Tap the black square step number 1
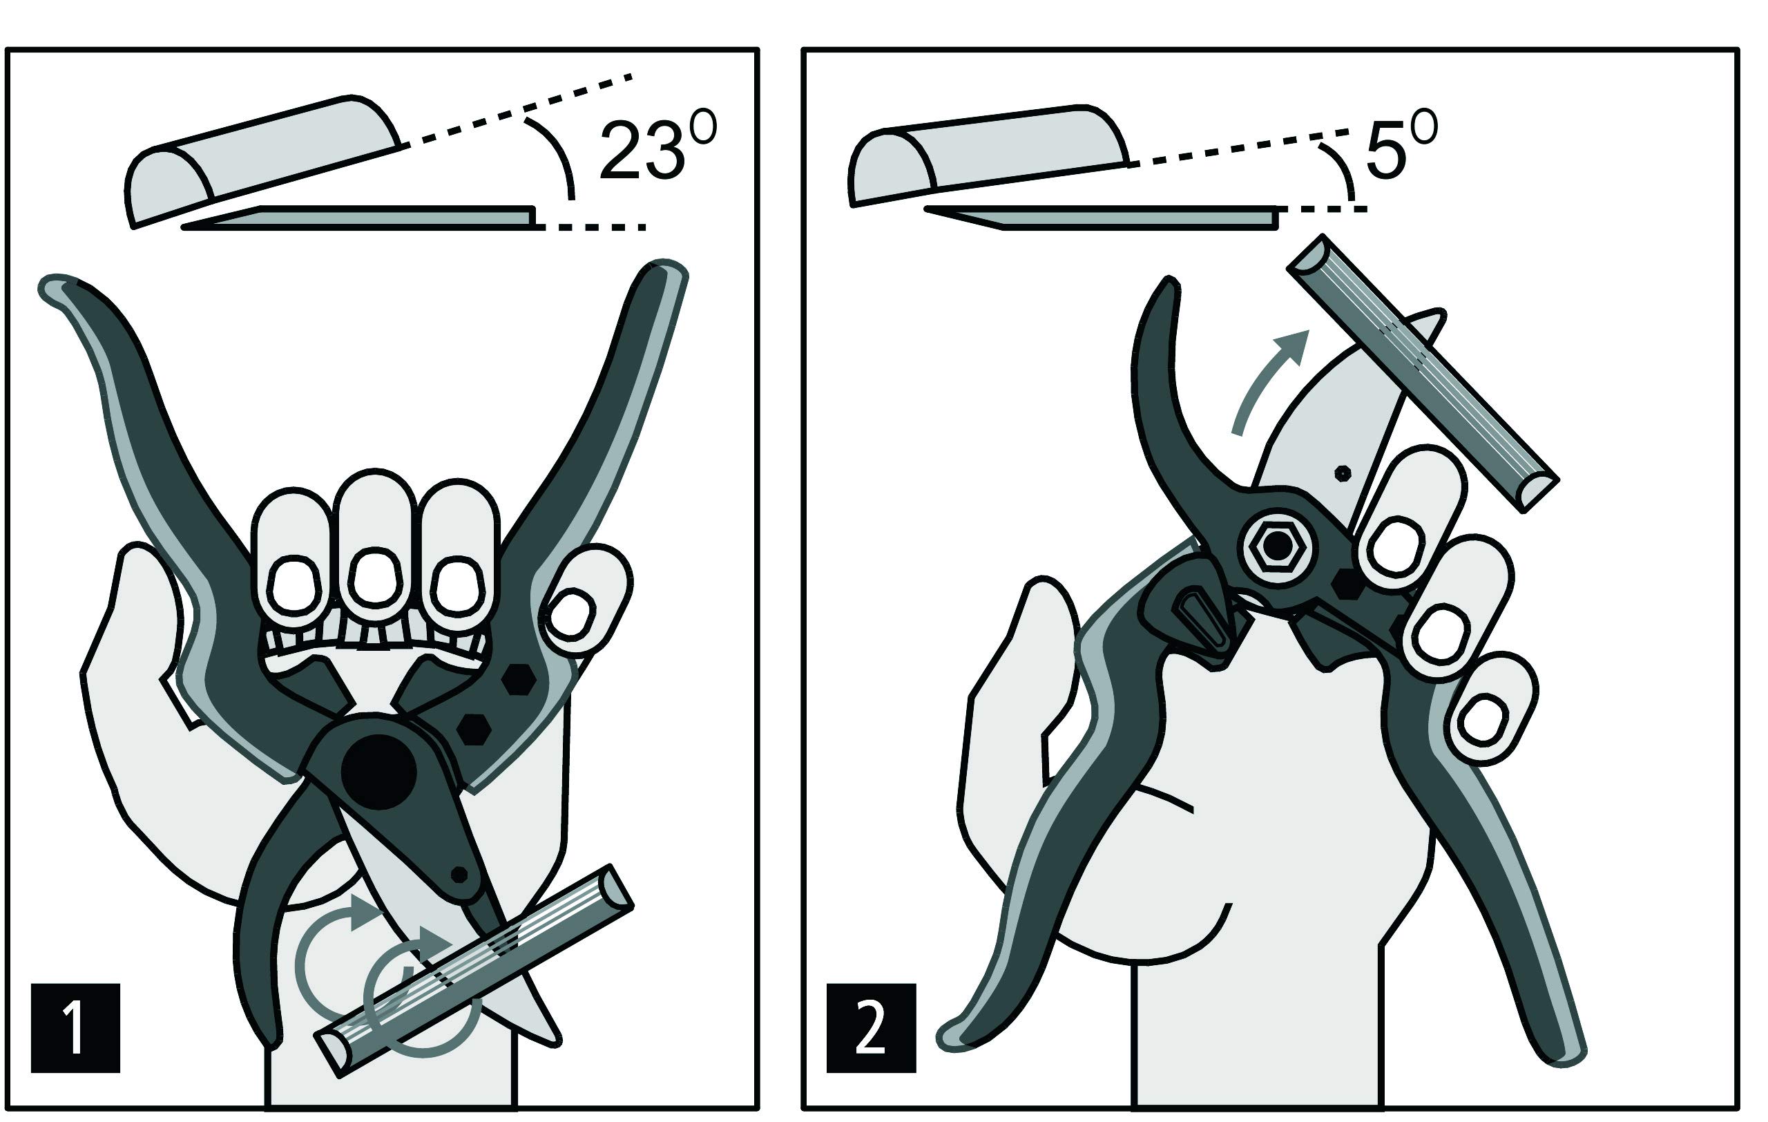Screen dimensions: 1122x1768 (75, 1028)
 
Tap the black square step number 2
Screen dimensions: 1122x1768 (871, 1028)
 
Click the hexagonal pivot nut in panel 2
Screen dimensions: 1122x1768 (1278, 546)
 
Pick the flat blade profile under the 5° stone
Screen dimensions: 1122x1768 (1102, 218)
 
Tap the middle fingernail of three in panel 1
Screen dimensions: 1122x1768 (375, 579)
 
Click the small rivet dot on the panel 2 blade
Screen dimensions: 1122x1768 (1343, 474)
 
